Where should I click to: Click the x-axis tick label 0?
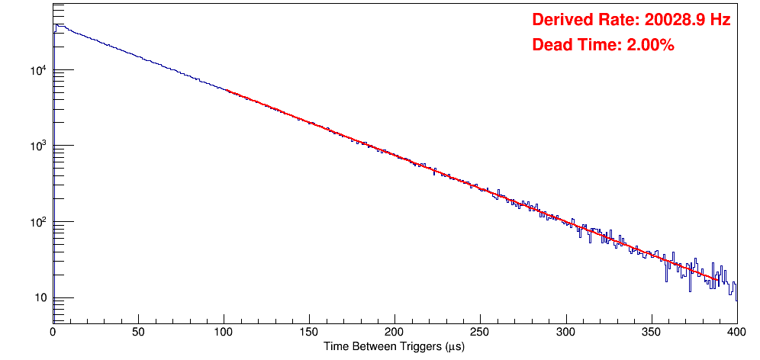click(x=53, y=333)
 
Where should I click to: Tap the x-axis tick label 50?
click(x=138, y=333)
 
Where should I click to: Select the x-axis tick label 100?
click(x=224, y=333)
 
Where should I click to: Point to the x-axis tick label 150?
click(x=309, y=333)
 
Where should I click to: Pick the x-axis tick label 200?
click(x=394, y=333)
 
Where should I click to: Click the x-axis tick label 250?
click(x=480, y=333)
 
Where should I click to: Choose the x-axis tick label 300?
click(x=565, y=333)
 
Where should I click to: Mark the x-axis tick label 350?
click(x=651, y=333)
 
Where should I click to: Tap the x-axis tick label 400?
click(x=736, y=333)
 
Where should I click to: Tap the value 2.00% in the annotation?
click(x=650, y=46)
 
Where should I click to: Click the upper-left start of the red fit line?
click(x=227, y=90)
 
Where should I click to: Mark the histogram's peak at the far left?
click(x=56, y=24)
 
